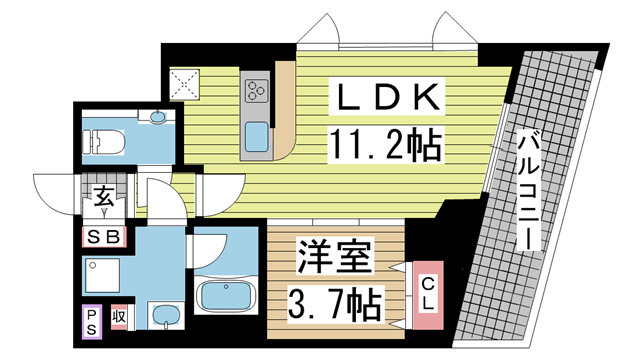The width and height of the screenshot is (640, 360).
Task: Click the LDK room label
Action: pos(386,97)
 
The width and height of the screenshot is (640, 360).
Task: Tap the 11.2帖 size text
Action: pos(386,144)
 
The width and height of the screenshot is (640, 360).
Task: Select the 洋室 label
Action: pos(336,257)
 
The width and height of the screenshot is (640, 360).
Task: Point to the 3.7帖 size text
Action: pos(336,304)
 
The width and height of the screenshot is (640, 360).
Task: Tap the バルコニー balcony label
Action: pos(529,190)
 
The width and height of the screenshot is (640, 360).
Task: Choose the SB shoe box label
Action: pos(104,237)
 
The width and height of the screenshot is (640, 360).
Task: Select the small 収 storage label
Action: pos(119,317)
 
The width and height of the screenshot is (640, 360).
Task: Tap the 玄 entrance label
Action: pos(104,197)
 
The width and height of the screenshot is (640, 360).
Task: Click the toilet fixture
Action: pos(103,142)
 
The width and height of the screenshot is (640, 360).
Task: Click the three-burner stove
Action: pos(256,91)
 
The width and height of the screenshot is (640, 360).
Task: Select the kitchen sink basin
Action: pos(256,137)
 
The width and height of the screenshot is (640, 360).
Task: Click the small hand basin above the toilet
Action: pos(158,116)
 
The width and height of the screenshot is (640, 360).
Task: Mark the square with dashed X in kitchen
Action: pos(184,84)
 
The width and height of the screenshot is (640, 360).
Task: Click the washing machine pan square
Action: pos(102,275)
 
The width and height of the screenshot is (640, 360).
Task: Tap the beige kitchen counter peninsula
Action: pos(285,110)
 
